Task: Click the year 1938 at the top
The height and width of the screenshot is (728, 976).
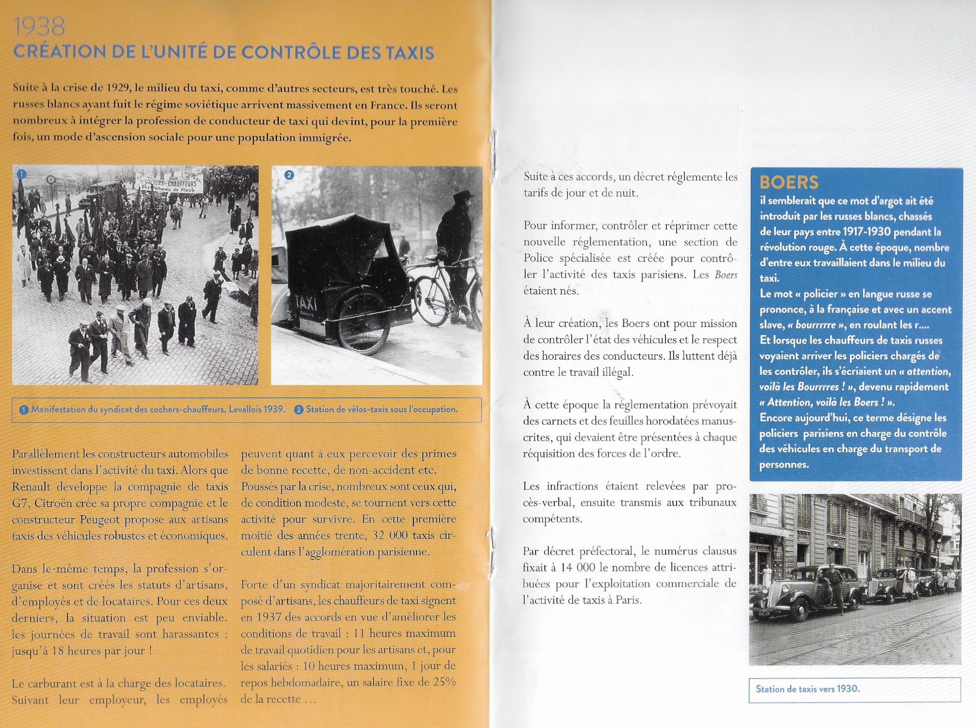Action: (39, 27)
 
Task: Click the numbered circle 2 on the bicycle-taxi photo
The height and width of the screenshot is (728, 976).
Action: (289, 175)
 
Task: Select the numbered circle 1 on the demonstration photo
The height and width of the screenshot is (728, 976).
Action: (21, 174)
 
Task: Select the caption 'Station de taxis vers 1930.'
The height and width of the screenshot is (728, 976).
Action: (807, 689)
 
